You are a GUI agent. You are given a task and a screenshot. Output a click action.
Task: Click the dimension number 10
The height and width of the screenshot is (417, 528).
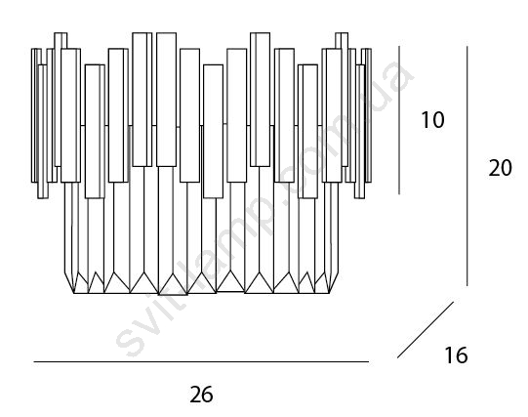tap(432, 119)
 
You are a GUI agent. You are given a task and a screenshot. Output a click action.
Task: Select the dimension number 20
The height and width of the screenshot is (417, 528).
tap(500, 168)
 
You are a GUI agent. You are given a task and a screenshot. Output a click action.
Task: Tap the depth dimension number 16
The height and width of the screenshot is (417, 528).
tap(456, 354)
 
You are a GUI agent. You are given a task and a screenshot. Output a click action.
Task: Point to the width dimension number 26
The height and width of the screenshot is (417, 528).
tap(201, 395)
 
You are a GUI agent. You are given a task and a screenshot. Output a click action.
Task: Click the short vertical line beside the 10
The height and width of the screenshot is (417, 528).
tap(399, 120)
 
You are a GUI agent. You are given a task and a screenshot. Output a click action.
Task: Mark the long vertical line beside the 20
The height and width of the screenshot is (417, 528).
tap(467, 166)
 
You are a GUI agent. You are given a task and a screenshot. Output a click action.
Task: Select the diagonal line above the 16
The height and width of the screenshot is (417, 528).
tap(426, 330)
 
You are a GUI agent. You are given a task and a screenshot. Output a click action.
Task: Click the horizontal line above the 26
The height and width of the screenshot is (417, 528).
tap(201, 361)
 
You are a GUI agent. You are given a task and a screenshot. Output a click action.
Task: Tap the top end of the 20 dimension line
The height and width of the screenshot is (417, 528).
tap(467, 47)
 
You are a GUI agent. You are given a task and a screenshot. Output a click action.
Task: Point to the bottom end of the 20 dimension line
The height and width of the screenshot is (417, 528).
tap(467, 285)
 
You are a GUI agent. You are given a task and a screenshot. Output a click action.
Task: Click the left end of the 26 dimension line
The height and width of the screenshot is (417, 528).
tap(34, 361)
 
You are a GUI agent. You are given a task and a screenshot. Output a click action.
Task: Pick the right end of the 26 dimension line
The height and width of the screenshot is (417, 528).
tap(369, 361)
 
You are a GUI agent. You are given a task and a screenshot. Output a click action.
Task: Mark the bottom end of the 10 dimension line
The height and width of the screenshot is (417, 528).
tap(399, 194)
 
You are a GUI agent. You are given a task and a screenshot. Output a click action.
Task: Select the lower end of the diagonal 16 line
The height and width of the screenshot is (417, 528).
tap(397, 357)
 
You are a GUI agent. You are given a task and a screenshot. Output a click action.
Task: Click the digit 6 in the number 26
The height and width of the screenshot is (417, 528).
tap(208, 395)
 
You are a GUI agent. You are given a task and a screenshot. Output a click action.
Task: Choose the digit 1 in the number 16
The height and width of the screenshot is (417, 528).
tap(450, 354)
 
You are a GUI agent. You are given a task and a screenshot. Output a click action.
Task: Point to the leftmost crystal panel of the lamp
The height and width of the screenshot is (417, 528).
tap(33, 115)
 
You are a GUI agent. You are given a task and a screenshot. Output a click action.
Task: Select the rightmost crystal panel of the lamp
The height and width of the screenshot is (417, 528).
tap(369, 115)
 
